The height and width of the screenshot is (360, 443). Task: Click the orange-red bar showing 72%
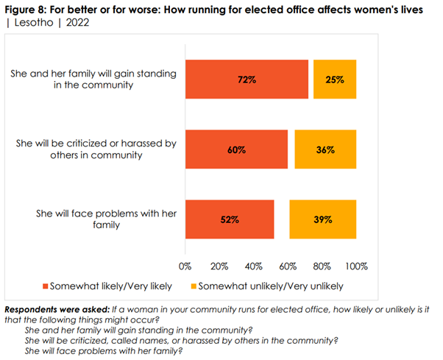(x=247, y=79)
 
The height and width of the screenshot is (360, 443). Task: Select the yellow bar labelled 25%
(x=335, y=79)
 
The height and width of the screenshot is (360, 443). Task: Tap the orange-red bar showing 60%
(x=236, y=149)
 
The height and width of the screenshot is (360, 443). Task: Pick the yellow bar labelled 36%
(x=325, y=149)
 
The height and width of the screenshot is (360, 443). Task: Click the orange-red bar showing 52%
(x=230, y=219)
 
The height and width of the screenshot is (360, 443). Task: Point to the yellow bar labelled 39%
(x=322, y=219)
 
